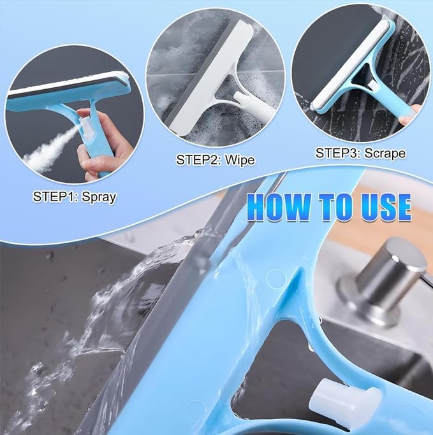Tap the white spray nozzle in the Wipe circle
pyautogui.click(x=245, y=99)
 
